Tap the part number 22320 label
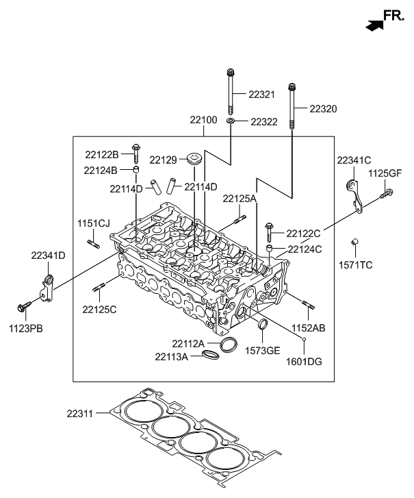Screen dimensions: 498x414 323,108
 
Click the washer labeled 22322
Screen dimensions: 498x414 231,121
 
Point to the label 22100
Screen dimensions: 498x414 204,120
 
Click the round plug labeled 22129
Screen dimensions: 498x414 194,162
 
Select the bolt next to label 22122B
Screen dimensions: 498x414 135,153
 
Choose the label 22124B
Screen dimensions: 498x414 101,170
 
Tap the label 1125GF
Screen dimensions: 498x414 385,173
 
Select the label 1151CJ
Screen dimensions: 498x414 93,223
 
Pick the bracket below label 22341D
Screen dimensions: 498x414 47,287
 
